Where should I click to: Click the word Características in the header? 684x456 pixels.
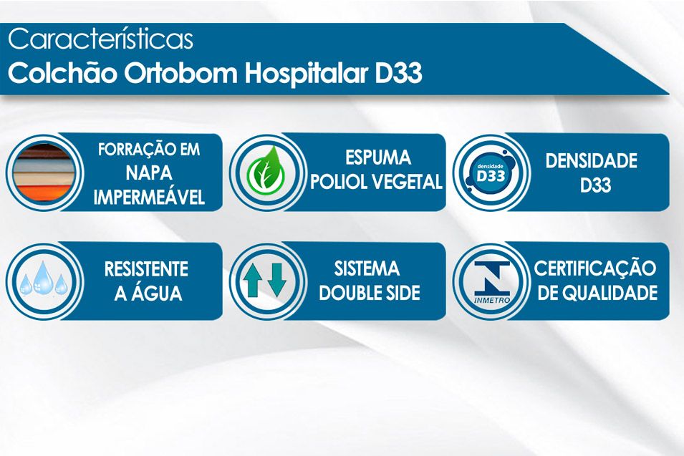[x=100, y=39]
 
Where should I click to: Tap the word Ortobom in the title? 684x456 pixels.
[x=180, y=73]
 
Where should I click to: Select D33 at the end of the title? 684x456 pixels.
[x=398, y=73]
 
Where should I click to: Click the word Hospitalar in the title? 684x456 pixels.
[x=306, y=74]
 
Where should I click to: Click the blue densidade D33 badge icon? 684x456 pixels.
[x=491, y=173]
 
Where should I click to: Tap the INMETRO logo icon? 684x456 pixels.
[x=491, y=282]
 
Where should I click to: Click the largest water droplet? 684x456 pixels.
[x=43, y=278]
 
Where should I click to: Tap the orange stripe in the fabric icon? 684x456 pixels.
[x=43, y=193]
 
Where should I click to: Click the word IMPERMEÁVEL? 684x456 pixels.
[x=149, y=198]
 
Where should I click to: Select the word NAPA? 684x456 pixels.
[x=149, y=173]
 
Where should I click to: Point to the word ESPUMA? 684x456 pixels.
[x=378, y=157]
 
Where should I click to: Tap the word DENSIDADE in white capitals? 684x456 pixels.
[x=591, y=160]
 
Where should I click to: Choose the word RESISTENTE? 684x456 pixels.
[x=147, y=269]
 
